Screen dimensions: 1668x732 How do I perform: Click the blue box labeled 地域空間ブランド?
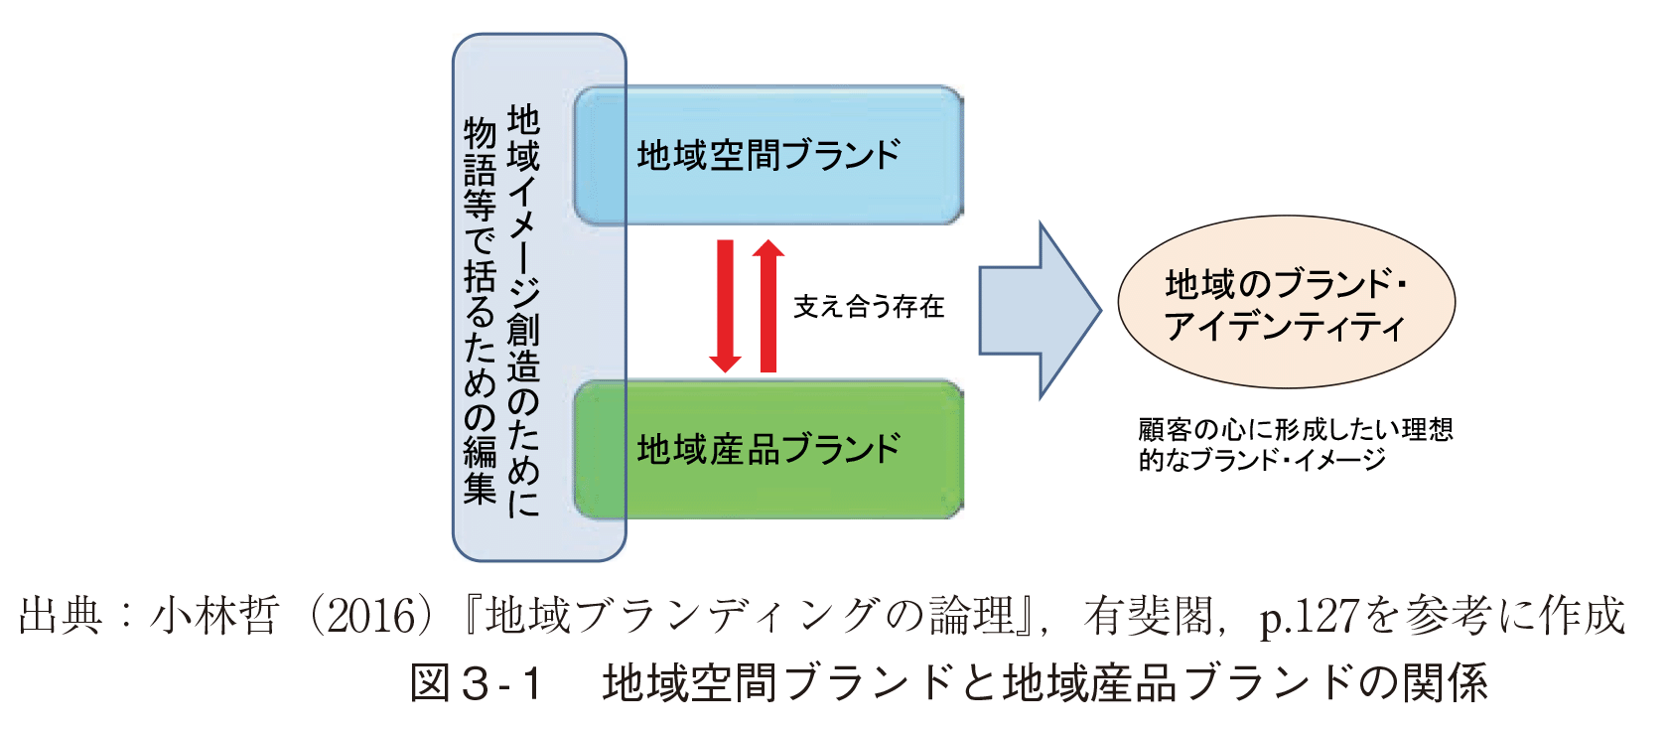coord(768,155)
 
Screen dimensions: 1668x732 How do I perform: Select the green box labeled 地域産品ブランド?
coord(768,450)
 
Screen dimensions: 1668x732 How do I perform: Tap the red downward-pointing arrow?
coord(725,306)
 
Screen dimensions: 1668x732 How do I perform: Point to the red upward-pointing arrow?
coord(768,306)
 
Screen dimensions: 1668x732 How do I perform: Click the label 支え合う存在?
coord(868,306)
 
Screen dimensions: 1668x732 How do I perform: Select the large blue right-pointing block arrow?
coord(1040,311)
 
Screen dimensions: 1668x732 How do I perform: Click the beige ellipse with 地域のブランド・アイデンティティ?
coord(1286,302)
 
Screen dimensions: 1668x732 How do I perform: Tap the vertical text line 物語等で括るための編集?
coord(480,311)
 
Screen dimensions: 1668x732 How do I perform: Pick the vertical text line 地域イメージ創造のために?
coord(522,311)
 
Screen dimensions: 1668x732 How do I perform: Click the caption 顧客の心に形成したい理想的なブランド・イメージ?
coord(1295,445)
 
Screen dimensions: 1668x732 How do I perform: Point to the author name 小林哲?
coord(214,616)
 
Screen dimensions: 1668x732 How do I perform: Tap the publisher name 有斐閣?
coord(1148,616)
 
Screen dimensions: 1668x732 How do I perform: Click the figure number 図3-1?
coord(476,683)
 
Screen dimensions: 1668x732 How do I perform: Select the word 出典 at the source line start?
coord(61,616)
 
